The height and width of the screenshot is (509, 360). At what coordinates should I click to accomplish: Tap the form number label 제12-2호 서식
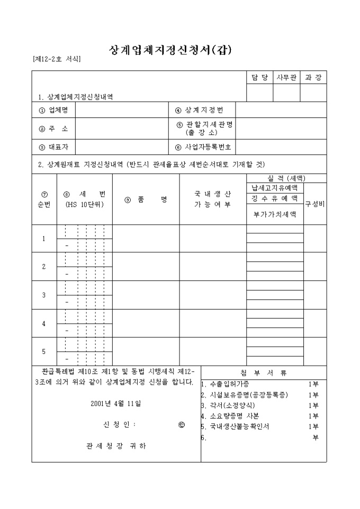pyautogui.click(x=57, y=59)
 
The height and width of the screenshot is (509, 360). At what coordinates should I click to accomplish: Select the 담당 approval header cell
pyautogui.click(x=259, y=78)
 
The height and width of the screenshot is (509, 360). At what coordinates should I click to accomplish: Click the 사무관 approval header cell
pyautogui.click(x=286, y=78)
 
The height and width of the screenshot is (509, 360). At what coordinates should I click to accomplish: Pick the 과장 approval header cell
pyautogui.click(x=313, y=78)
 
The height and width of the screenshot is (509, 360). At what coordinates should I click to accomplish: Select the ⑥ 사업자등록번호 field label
pyautogui.click(x=205, y=147)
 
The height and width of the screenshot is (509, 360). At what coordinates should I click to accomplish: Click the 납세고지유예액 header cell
pyautogui.click(x=275, y=188)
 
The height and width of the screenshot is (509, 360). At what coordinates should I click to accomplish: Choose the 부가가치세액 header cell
pyautogui.click(x=275, y=214)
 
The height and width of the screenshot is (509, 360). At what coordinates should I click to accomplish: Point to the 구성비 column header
pyautogui.click(x=315, y=204)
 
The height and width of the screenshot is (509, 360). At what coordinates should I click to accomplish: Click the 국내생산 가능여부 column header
pyautogui.click(x=212, y=199)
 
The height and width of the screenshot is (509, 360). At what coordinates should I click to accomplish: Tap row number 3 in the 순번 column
pyautogui.click(x=44, y=295)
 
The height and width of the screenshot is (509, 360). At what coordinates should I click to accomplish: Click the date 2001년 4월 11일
pyautogui.click(x=116, y=403)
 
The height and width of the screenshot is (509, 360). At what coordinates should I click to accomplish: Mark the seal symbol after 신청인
pyautogui.click(x=182, y=424)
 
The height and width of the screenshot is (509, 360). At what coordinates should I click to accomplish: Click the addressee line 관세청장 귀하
pyautogui.click(x=116, y=446)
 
